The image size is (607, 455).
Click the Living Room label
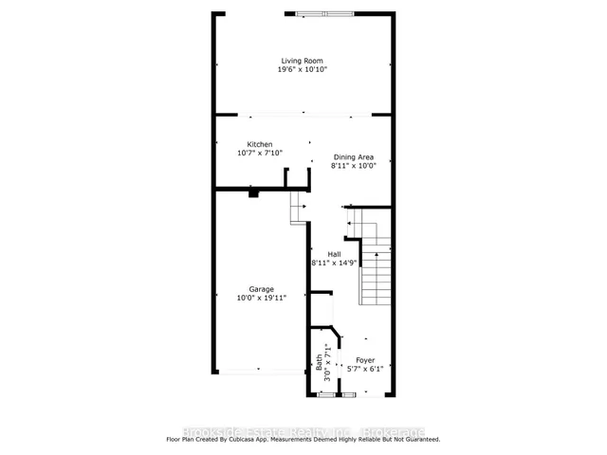[x=301, y=61]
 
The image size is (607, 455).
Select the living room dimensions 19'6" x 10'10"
[x=301, y=70]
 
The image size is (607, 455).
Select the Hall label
[x=334, y=254]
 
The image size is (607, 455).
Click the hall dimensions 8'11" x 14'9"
[x=334, y=264]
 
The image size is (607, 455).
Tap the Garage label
[x=262, y=289]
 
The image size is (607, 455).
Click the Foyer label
[x=365, y=360]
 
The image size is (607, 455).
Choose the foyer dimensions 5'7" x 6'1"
[x=365, y=370]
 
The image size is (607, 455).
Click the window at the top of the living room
[x=322, y=13]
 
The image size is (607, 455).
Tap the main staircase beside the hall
[x=375, y=270]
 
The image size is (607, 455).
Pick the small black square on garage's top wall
[x=253, y=192]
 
